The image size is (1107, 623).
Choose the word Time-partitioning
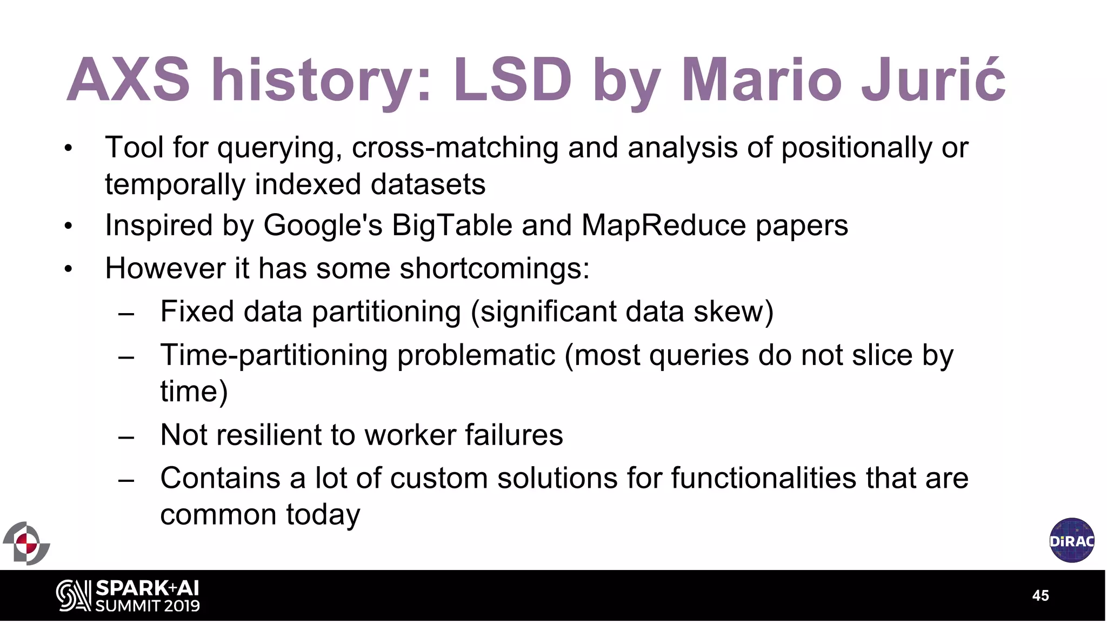click(x=274, y=356)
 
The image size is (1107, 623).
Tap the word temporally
click(x=175, y=185)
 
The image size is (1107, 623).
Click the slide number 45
click(x=1041, y=595)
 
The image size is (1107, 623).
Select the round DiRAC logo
click(x=1072, y=540)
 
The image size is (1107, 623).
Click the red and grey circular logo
click(x=26, y=544)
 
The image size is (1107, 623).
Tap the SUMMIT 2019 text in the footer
click(x=148, y=606)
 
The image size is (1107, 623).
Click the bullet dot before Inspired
click(x=68, y=226)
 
